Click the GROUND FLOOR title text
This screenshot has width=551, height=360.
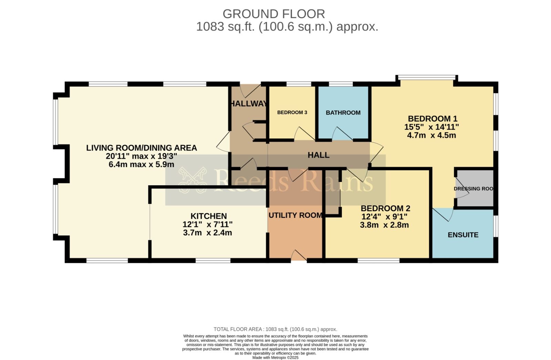[274, 14]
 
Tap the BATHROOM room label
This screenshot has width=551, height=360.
[343, 113]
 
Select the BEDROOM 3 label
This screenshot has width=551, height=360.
[292, 112]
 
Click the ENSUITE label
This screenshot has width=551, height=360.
[463, 235]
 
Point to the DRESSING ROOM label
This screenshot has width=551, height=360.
[474, 189]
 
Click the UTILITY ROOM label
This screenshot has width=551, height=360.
[295, 215]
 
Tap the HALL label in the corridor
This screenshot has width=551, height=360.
[319, 155]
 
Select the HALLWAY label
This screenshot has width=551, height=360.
[248, 104]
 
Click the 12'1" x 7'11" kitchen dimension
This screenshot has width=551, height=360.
[207, 224]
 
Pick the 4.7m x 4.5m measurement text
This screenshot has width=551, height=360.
[432, 135]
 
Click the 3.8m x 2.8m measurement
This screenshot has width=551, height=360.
[384, 225]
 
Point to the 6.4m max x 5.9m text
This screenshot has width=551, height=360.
[141, 165]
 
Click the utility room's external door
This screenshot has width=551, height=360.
[299, 256]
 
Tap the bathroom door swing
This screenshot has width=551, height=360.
[342, 134]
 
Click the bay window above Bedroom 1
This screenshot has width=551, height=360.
[426, 77]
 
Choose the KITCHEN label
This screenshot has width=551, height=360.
[209, 216]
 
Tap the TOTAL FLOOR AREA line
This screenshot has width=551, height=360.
[275, 329]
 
